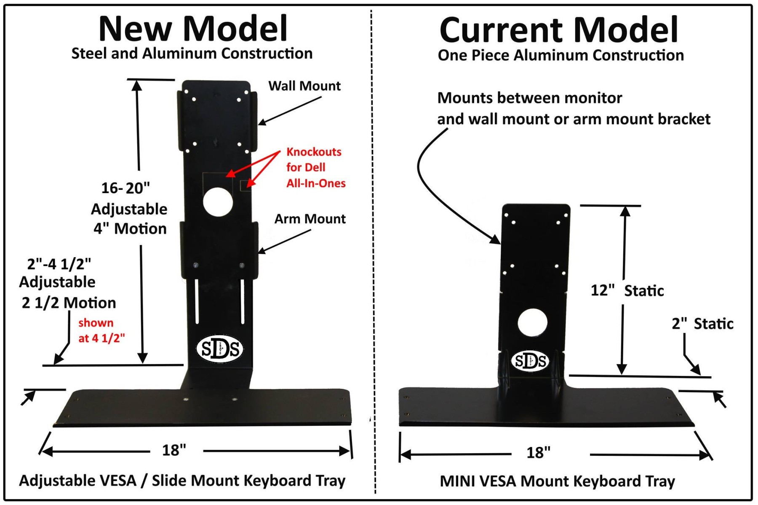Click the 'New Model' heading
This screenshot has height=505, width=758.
(x=193, y=29)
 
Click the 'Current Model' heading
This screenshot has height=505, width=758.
(x=558, y=30)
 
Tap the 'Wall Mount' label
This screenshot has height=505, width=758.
(x=304, y=86)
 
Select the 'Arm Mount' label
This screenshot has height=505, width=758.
(x=310, y=219)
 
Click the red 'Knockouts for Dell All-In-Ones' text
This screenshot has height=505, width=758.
(x=315, y=167)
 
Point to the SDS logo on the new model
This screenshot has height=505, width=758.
(x=220, y=349)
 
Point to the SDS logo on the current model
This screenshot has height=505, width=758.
(x=530, y=361)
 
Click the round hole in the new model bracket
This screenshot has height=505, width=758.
(x=218, y=202)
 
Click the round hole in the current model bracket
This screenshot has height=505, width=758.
(x=532, y=323)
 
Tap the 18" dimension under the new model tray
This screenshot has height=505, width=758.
(x=174, y=450)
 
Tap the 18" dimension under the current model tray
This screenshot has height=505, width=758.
(x=538, y=453)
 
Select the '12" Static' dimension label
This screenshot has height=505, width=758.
(x=627, y=290)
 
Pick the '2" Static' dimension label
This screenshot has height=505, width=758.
(x=702, y=324)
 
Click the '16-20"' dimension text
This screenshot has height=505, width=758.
(x=125, y=188)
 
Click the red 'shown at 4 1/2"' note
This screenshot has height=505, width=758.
(x=101, y=330)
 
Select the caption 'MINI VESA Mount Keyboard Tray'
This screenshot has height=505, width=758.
(x=557, y=481)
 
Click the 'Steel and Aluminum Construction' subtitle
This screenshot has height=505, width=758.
(x=192, y=54)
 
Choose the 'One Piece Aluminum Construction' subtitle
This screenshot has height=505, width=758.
(x=560, y=56)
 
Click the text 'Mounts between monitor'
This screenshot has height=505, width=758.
(x=529, y=98)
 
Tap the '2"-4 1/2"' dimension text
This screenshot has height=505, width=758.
(x=59, y=264)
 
